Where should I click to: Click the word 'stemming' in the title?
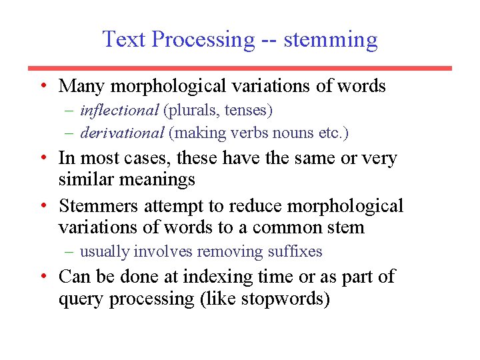(x=331, y=40)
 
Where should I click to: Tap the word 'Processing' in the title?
(x=203, y=40)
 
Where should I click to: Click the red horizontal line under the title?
(x=240, y=68)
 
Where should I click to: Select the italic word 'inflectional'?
(x=119, y=110)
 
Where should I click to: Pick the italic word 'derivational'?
(x=122, y=133)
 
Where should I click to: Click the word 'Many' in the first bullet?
(x=82, y=86)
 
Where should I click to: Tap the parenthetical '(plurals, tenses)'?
(x=218, y=110)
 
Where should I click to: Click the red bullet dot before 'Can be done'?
(x=42, y=275)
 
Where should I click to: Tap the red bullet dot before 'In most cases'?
(x=42, y=157)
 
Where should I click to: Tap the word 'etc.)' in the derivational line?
(x=333, y=133)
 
